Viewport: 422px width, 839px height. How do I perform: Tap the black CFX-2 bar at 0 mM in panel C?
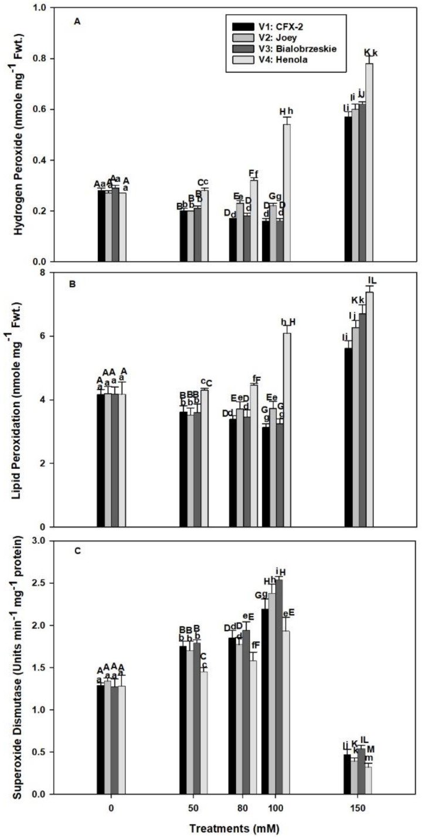[101, 739]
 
